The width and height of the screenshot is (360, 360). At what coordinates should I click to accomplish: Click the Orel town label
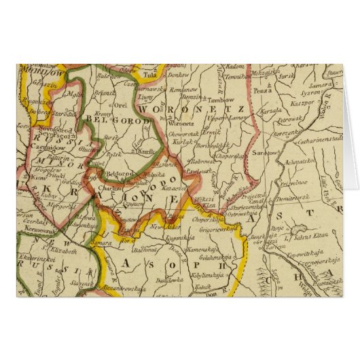pos(123,105)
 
